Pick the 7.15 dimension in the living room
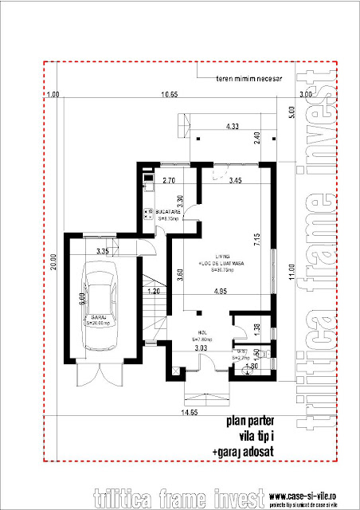[258, 237]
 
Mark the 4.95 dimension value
[223, 291]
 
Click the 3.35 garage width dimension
[102, 251]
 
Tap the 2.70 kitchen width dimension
[169, 182]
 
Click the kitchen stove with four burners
[147, 213]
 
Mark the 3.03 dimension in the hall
[202, 347]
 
